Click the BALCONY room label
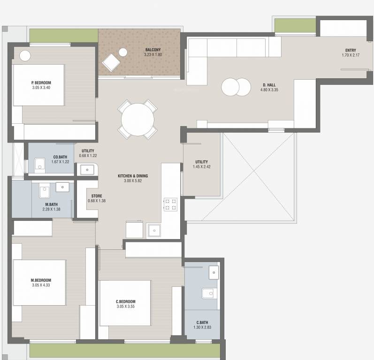pyautogui.click(x=153, y=50)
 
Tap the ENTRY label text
pyautogui.click(x=350, y=50)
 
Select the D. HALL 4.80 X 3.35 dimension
pyautogui.click(x=269, y=90)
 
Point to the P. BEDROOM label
pyautogui.click(x=41, y=82)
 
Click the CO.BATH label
pyautogui.click(x=60, y=157)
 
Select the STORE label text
pyautogui.click(x=97, y=196)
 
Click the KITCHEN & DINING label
pyautogui.click(x=133, y=176)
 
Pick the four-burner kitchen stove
pyautogui.click(x=170, y=204)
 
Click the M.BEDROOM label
pyautogui.click(x=41, y=280)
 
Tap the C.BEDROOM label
pyautogui.click(x=126, y=301)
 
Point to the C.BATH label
pyautogui.click(x=202, y=322)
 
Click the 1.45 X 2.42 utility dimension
pyautogui.click(x=202, y=167)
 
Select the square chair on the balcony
pyautogui.click(x=111, y=63)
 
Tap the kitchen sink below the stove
pyautogui.click(x=154, y=230)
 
